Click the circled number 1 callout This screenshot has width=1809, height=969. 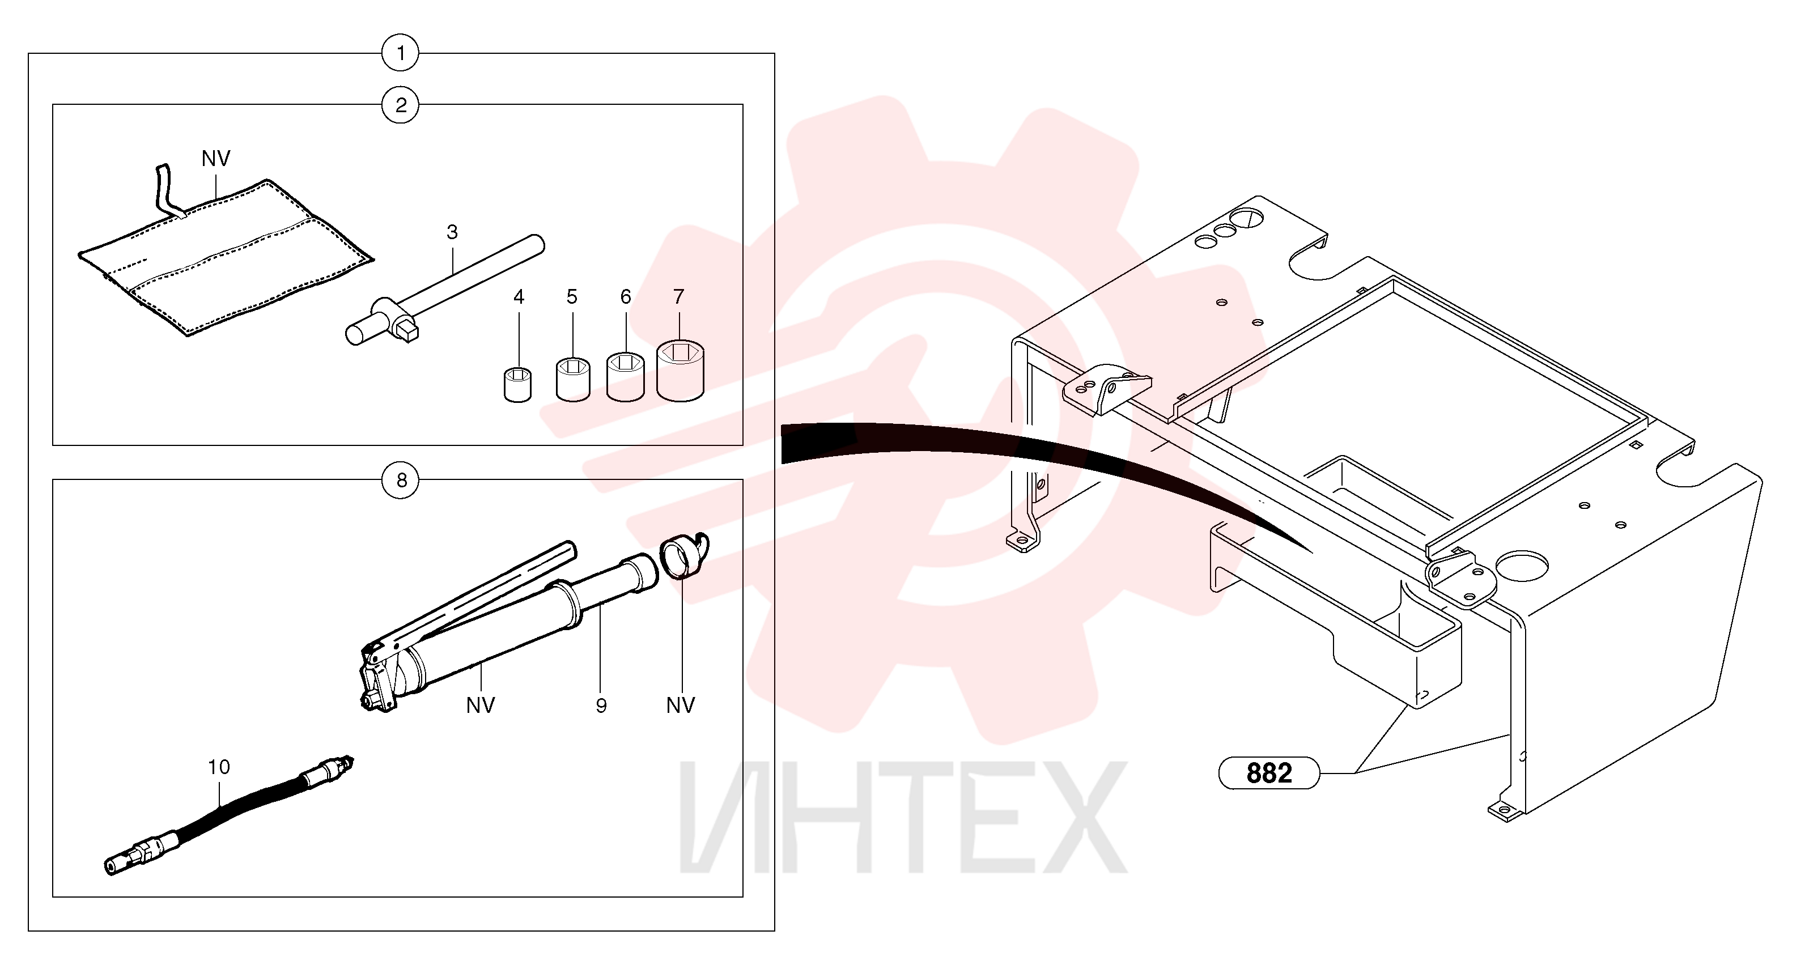point(400,53)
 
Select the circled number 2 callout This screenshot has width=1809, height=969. point(400,105)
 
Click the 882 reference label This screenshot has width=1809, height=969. point(1269,773)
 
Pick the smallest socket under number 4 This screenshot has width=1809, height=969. point(518,385)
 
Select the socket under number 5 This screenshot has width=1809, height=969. point(573,379)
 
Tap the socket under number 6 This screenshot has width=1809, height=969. point(626,377)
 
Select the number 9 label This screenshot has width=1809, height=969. point(601,705)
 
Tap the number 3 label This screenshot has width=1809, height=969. point(452,232)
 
